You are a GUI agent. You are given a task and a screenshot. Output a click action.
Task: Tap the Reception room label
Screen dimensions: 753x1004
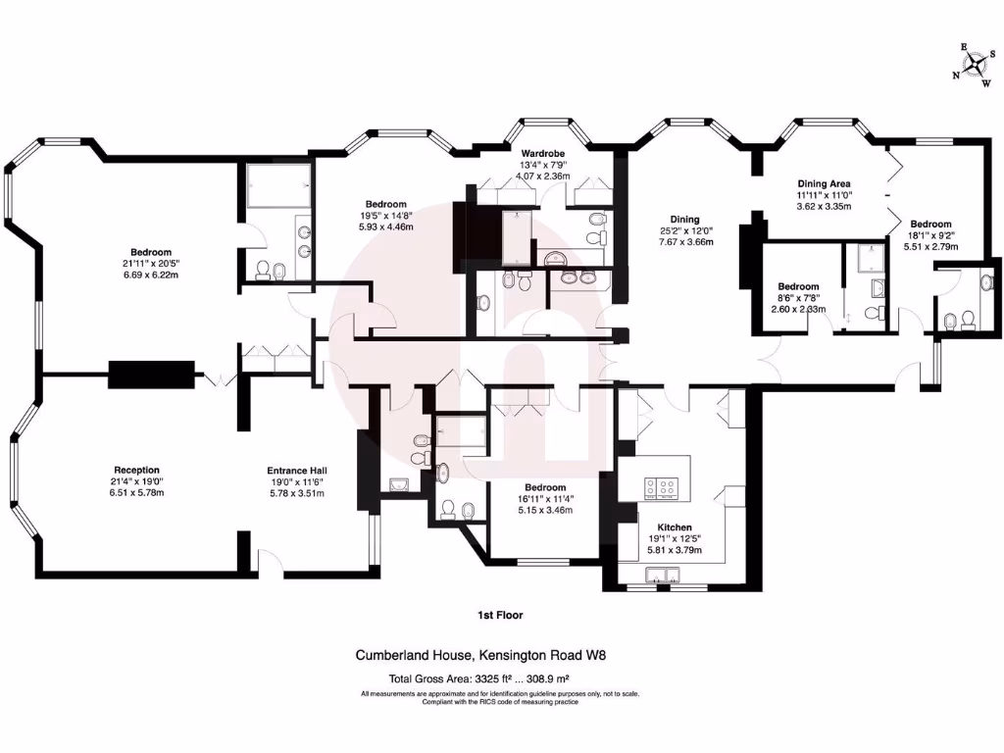(x=136, y=470)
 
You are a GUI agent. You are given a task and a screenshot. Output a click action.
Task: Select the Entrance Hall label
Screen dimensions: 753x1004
(x=295, y=470)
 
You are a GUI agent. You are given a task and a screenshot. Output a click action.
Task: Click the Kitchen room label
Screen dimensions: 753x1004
(x=674, y=527)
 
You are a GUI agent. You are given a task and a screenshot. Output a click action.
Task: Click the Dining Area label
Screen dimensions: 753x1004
(x=824, y=183)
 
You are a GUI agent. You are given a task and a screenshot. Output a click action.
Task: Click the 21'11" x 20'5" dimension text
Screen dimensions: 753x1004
(x=151, y=264)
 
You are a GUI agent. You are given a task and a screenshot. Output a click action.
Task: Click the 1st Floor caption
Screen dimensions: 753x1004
(x=500, y=616)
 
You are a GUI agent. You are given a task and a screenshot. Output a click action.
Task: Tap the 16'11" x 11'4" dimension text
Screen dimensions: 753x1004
(x=544, y=499)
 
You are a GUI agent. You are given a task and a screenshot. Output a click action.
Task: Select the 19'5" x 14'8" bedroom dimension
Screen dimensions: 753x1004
(x=386, y=216)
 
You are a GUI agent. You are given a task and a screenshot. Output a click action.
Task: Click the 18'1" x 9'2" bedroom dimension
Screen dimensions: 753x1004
(x=930, y=234)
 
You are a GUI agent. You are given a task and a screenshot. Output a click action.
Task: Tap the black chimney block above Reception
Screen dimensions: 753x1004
(x=152, y=375)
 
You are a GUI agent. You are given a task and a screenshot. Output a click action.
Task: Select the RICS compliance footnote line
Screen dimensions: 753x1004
(x=500, y=702)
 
